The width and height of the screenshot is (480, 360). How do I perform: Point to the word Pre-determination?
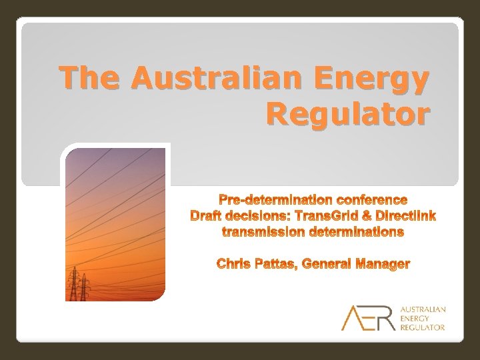pos(276,200)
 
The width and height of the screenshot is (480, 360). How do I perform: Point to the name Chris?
pos(233,265)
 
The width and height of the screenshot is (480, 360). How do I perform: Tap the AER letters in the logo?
pos(368,318)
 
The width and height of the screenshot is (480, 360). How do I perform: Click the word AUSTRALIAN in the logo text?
pos(423,310)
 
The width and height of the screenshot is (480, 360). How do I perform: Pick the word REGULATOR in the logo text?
pos(423,327)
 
